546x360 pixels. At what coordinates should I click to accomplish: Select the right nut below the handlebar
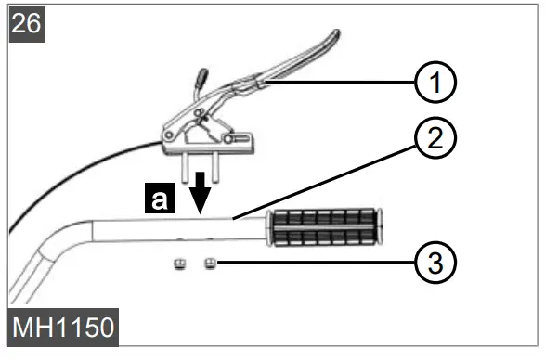click(x=211, y=264)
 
